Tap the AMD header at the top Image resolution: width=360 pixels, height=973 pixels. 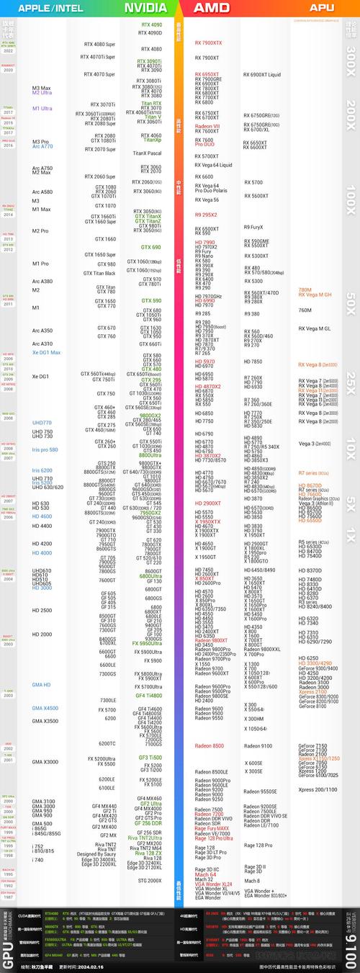coord(212,8)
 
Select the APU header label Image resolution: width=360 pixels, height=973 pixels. coord(321,8)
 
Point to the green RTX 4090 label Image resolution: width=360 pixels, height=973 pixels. coord(151,24)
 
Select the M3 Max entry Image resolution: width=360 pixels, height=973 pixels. coord(41,88)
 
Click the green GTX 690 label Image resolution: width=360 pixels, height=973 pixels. coord(151,247)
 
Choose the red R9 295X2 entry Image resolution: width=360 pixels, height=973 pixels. coord(205,215)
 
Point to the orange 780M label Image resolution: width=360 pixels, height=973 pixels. coord(305,290)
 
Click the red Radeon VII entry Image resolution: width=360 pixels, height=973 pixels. coord(207,126)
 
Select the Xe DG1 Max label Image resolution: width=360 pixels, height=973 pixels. coord(45,352)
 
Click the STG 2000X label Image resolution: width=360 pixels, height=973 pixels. coord(150,881)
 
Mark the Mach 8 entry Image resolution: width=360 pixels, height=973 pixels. coord(252,881)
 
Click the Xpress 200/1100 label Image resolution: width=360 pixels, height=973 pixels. coord(317,789)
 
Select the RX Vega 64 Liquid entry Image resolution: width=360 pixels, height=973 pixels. coord(213,165)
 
